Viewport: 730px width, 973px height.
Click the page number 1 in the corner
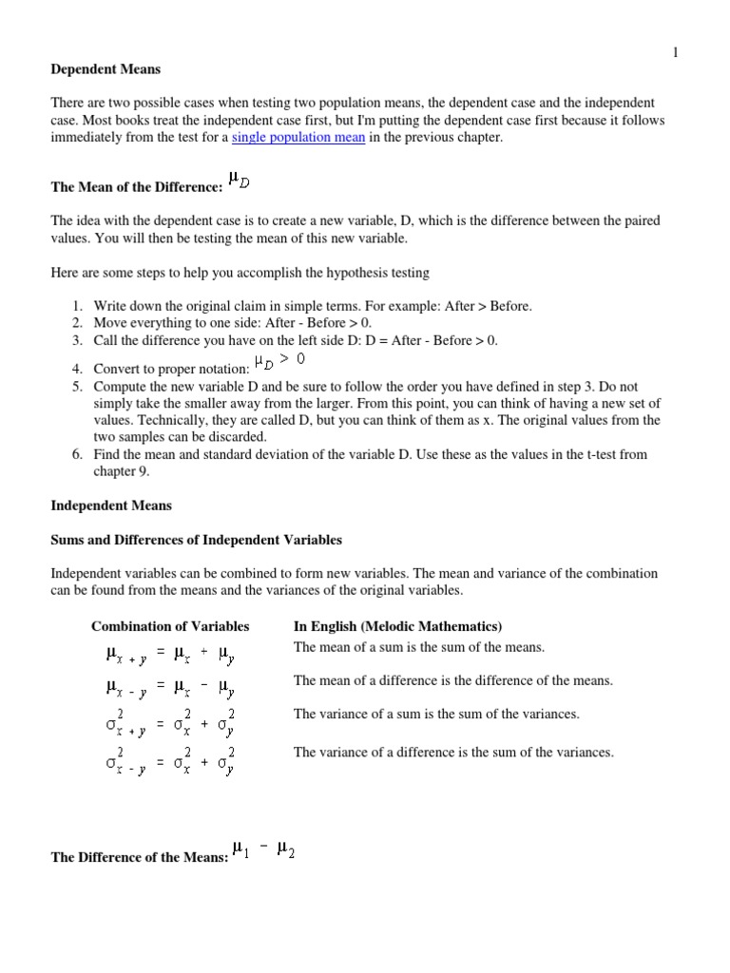point(675,53)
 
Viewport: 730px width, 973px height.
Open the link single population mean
point(298,138)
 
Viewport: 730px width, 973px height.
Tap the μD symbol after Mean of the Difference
point(238,180)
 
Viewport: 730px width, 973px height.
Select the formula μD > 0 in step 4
point(279,361)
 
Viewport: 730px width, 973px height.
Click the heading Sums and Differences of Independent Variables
point(196,540)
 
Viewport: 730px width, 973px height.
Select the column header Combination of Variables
point(170,626)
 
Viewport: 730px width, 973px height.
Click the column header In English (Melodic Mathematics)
point(397,626)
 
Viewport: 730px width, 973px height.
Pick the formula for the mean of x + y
point(171,654)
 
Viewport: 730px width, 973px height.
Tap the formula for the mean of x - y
point(171,687)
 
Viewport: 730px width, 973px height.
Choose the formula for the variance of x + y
point(171,721)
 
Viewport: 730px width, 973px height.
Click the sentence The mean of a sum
point(419,647)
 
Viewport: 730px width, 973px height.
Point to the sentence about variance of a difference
point(453,752)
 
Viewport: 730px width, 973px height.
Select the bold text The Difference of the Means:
point(139,858)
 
